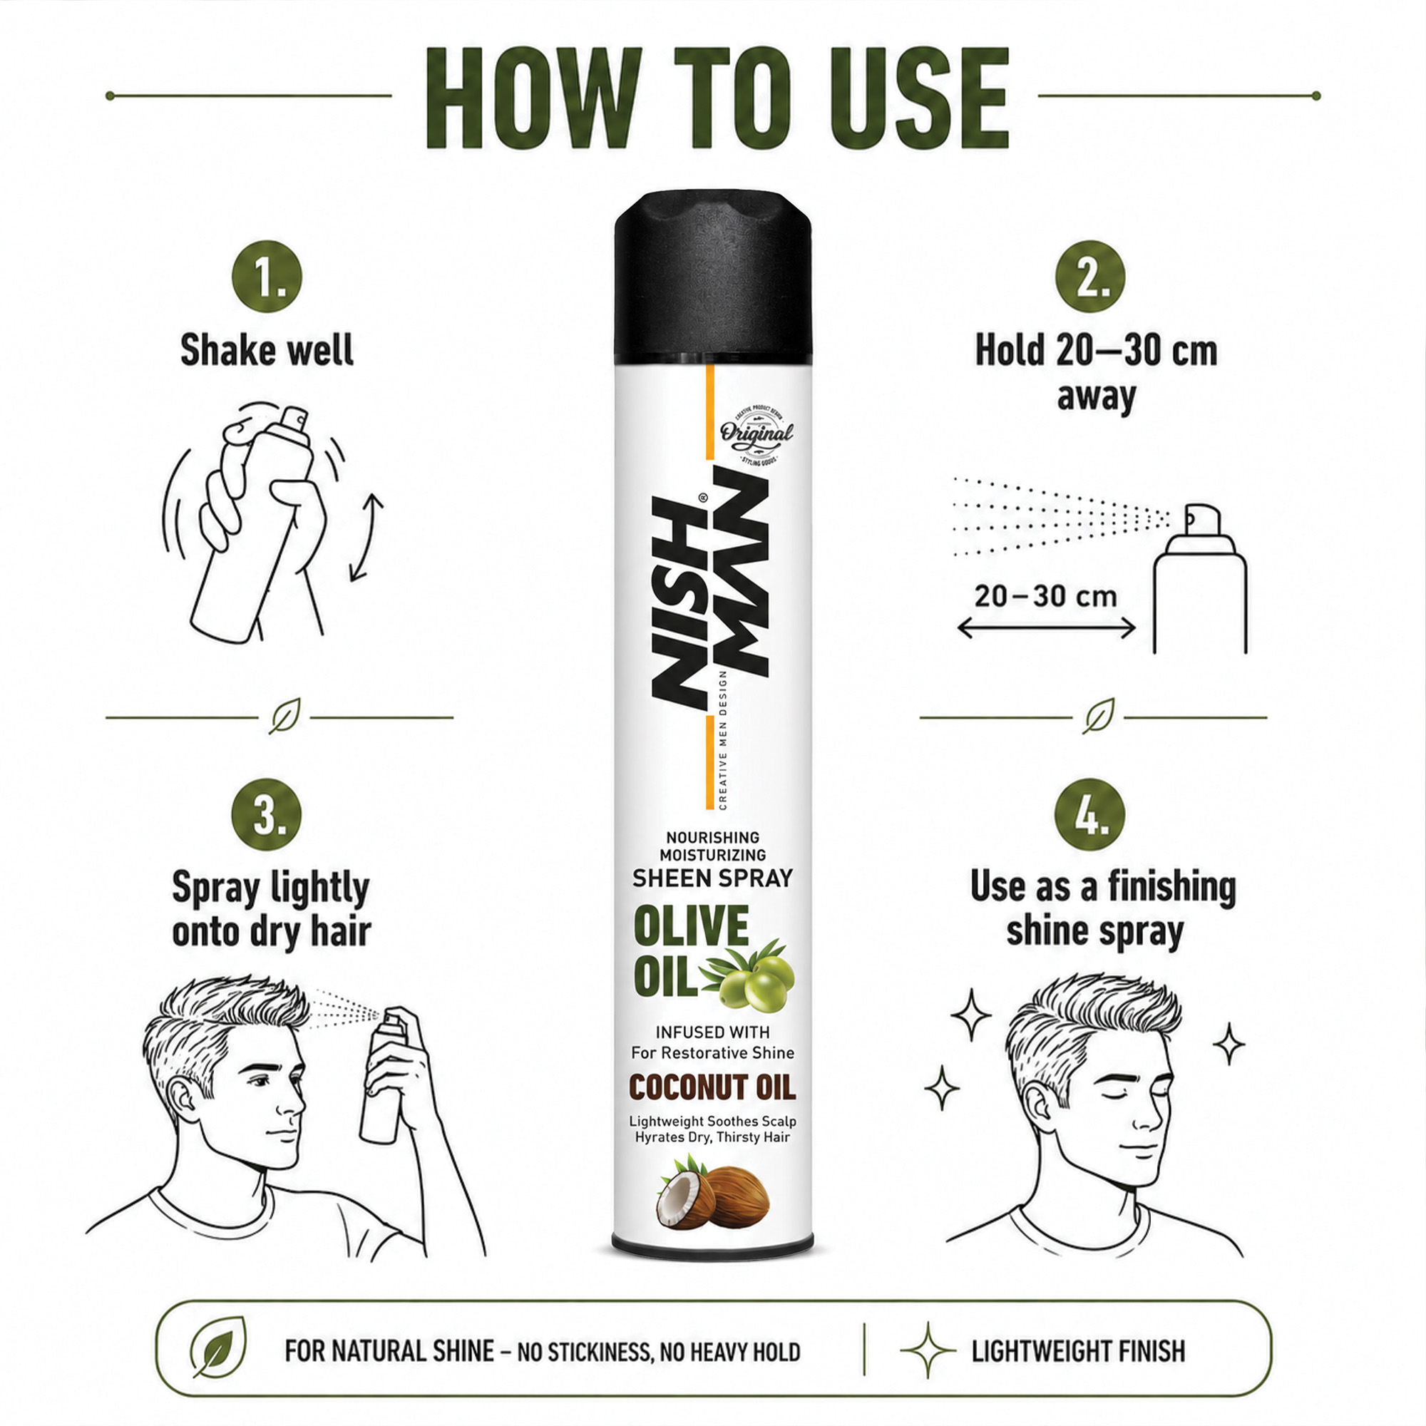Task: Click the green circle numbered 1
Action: tap(267, 276)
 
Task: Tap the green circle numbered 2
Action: tap(1090, 276)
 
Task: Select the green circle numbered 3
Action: tap(267, 815)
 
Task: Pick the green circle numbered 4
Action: tap(1090, 815)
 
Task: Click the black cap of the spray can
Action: tap(713, 279)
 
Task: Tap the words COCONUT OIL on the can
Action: tap(712, 1088)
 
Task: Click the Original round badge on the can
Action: tap(756, 436)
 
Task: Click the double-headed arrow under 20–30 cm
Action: tap(1046, 628)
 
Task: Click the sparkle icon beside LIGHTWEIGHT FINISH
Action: tap(928, 1350)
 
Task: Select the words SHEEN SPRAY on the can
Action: tap(712, 878)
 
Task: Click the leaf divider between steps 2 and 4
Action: tap(1098, 715)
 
